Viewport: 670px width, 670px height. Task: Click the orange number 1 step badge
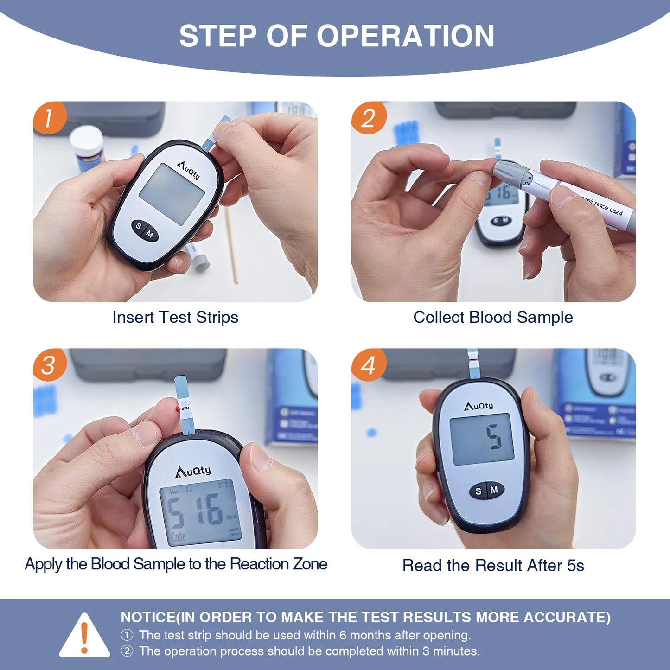pos(49,118)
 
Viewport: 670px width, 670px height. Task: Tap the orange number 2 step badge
pos(368,118)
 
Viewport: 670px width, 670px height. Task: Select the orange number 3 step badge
pos(49,365)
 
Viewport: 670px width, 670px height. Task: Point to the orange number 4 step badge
pos(368,365)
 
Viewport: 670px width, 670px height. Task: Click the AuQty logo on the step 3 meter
pos(193,472)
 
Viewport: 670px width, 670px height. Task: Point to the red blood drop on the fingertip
pos(177,409)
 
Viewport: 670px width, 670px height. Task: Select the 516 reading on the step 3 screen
pos(195,511)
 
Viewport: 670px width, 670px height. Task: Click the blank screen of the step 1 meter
pos(172,194)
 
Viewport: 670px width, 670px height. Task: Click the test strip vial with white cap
pos(87,147)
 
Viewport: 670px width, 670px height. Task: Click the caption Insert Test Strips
pos(175,318)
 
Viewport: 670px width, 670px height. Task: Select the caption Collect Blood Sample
pos(493,318)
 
